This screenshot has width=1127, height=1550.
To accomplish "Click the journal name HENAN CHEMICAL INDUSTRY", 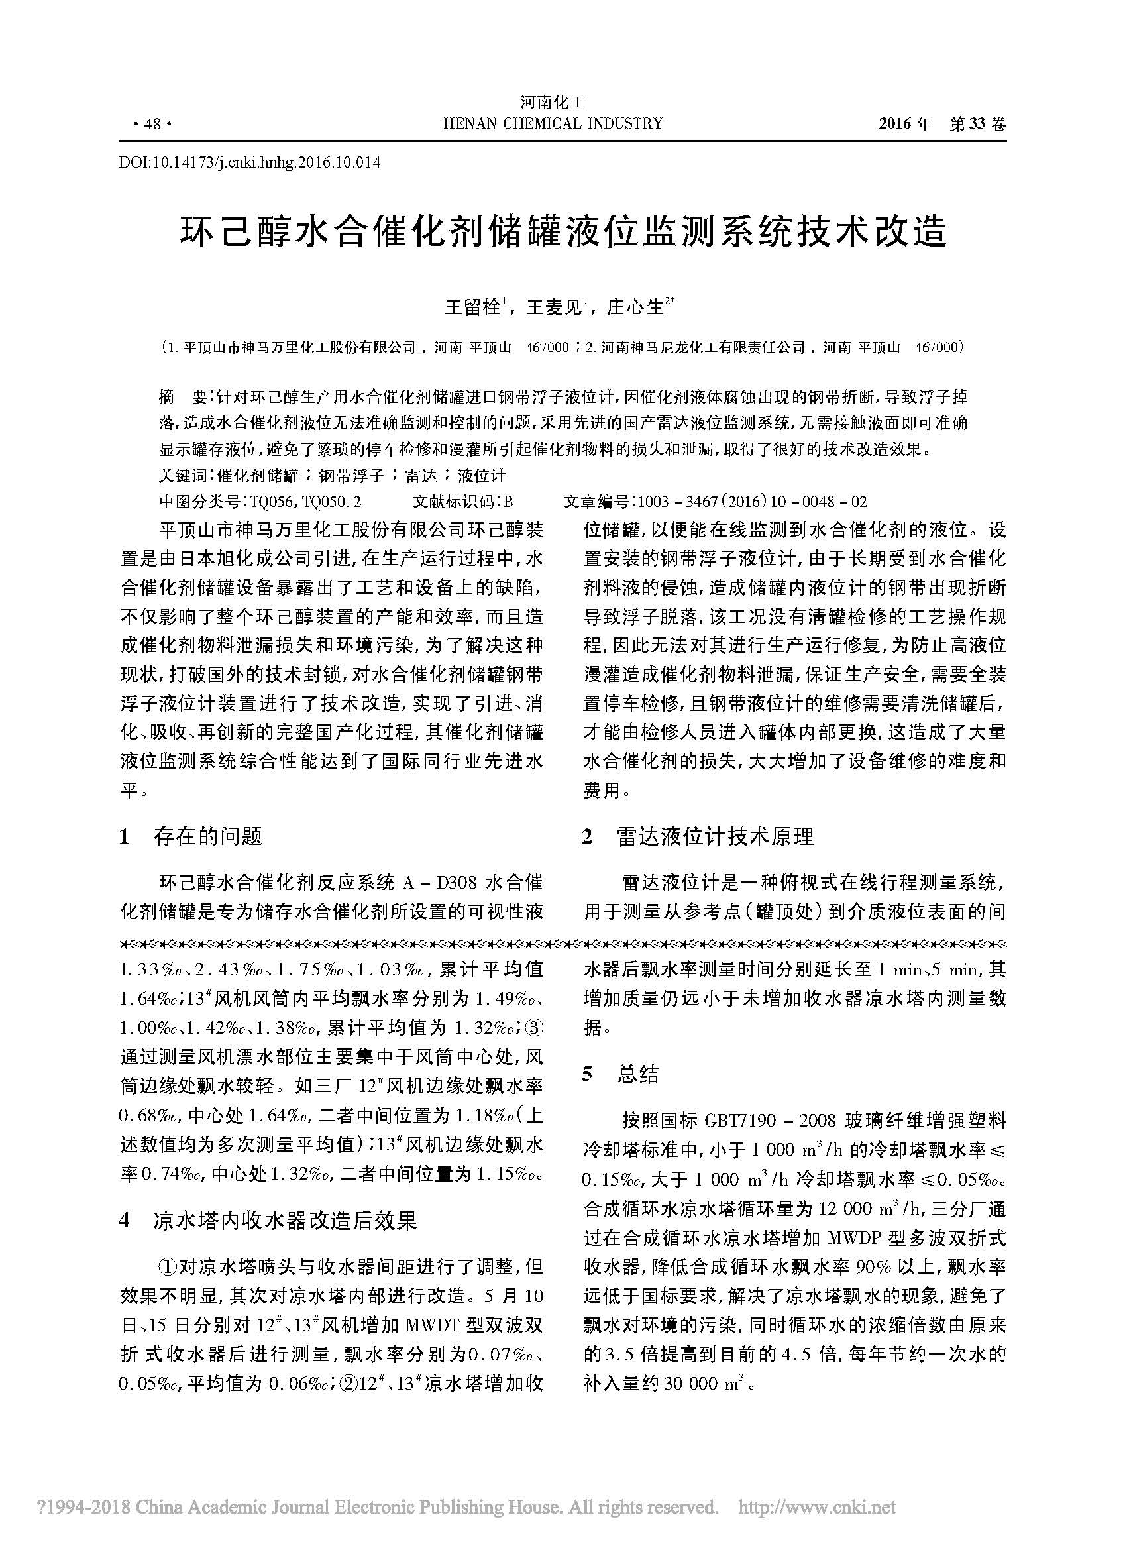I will tap(553, 124).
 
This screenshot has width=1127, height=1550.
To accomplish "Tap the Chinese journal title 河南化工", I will tap(553, 103).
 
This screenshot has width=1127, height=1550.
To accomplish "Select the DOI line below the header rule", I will tap(250, 162).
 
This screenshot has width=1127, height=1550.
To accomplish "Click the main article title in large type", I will tap(564, 233).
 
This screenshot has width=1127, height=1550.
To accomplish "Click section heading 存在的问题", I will tap(208, 836).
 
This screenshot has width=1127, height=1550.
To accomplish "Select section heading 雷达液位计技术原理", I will tap(715, 836).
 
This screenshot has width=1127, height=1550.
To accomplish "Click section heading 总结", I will tap(637, 1075).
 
